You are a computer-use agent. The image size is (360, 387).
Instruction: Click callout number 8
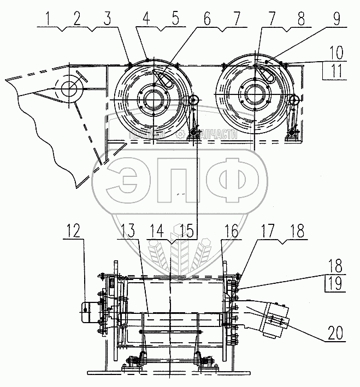[x=299, y=20]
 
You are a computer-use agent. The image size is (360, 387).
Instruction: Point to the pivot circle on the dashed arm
[x=69, y=88]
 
